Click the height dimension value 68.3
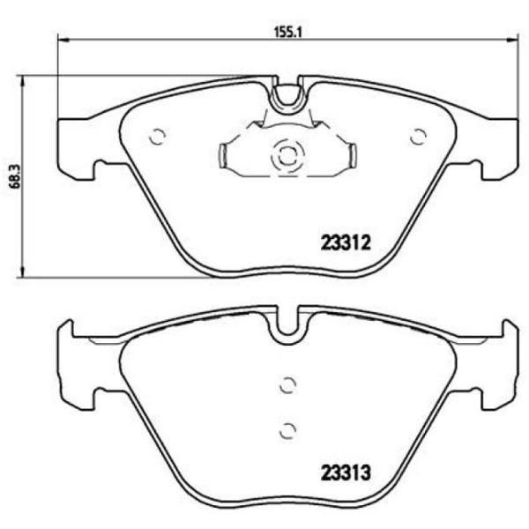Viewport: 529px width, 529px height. pyautogui.click(x=11, y=174)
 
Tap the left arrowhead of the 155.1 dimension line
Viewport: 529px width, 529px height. pyautogui.click(x=62, y=39)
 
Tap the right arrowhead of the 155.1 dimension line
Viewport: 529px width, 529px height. pyautogui.click(x=511, y=39)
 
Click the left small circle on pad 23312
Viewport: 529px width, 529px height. pyautogui.click(x=157, y=137)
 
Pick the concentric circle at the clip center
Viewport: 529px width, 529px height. pyautogui.click(x=287, y=156)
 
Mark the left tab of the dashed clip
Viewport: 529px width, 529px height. pyautogui.click(x=224, y=157)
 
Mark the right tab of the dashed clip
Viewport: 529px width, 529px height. pyautogui.click(x=350, y=157)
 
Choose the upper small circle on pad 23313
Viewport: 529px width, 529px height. pyautogui.click(x=287, y=384)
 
